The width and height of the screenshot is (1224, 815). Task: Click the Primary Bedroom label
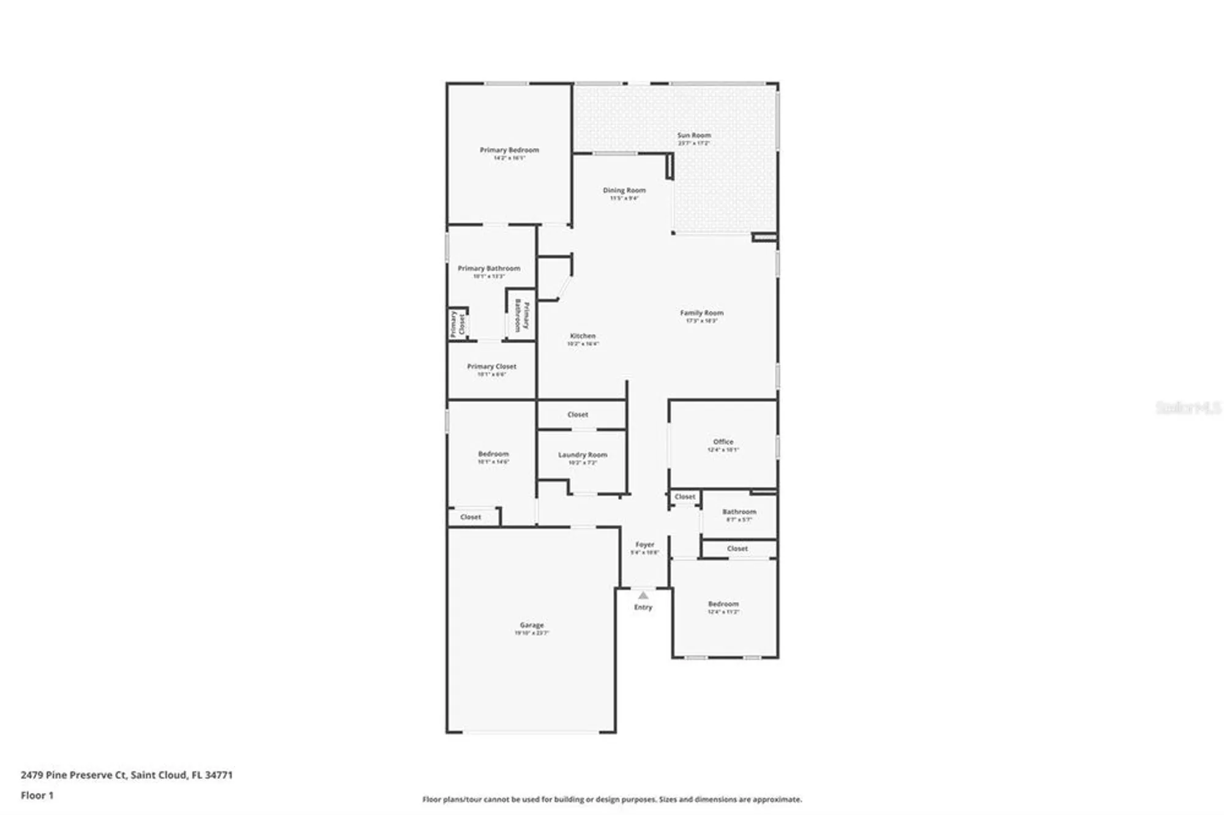click(509, 150)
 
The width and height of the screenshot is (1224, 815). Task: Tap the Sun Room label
click(693, 135)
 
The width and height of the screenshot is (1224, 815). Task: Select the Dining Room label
click(624, 190)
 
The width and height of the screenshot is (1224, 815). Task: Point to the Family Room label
click(701, 313)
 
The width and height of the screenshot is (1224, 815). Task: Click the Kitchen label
click(582, 336)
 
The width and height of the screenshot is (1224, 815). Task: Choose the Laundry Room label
click(582, 455)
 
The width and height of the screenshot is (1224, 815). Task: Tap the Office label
click(723, 442)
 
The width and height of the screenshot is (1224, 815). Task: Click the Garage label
click(531, 625)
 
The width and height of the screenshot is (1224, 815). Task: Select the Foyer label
click(644, 544)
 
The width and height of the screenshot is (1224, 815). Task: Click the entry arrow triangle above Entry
click(643, 595)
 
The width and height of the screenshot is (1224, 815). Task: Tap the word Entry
click(643, 607)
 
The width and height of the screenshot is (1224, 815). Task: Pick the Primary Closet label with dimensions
click(491, 367)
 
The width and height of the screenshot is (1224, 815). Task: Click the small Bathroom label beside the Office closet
click(739, 512)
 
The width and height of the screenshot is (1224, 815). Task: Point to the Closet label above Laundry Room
click(577, 414)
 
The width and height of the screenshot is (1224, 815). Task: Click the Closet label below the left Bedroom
click(470, 517)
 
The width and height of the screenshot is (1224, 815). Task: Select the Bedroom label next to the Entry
click(723, 604)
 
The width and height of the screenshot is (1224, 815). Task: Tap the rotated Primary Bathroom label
click(521, 315)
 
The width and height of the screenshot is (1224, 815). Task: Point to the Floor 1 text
click(37, 795)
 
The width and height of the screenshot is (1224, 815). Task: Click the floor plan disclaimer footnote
click(611, 799)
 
